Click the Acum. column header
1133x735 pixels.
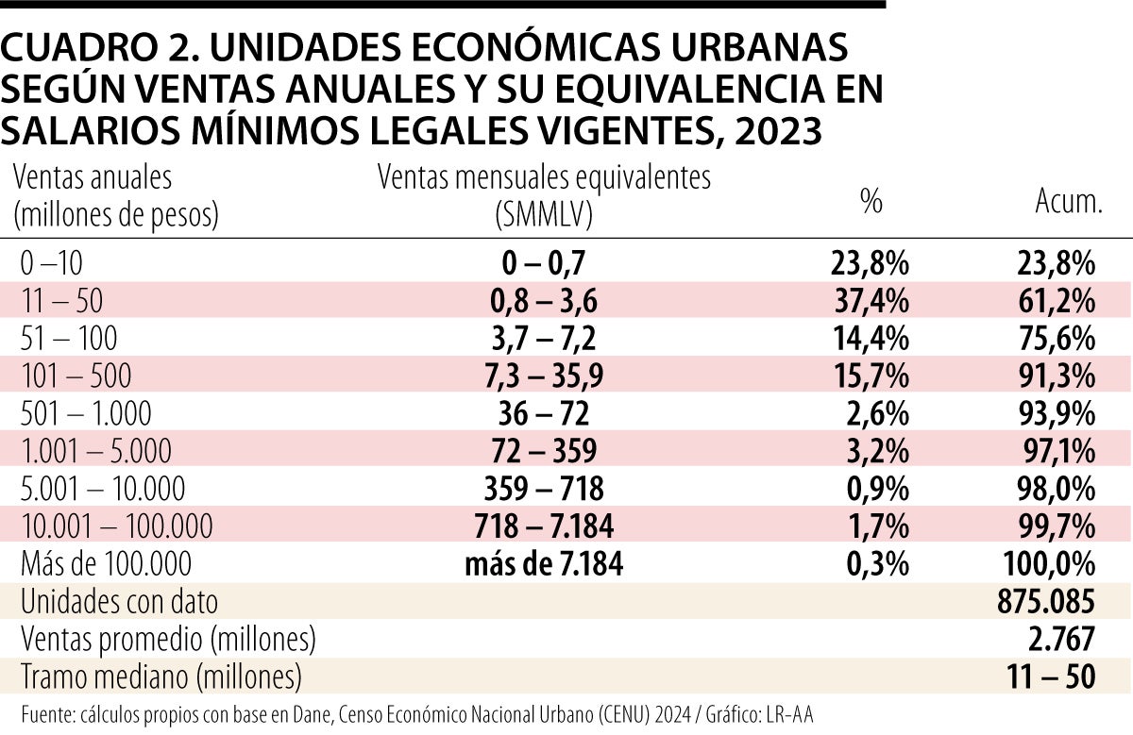click(x=1068, y=201)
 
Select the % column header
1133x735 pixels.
click(x=871, y=201)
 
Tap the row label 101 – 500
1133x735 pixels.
click(x=76, y=376)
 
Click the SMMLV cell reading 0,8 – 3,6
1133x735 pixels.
click(x=544, y=301)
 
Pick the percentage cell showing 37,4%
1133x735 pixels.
click(x=870, y=301)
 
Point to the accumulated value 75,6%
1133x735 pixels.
click(x=1057, y=338)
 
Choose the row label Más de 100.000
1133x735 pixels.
click(x=106, y=563)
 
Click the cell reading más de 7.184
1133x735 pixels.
click(x=544, y=563)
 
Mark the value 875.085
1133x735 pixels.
click(x=1046, y=601)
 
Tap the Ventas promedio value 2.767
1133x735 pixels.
click(x=1061, y=639)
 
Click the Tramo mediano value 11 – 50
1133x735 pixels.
click(x=1052, y=677)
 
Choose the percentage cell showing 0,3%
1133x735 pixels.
click(x=877, y=563)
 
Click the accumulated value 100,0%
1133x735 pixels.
click(x=1050, y=563)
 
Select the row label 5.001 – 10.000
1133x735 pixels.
click(x=103, y=489)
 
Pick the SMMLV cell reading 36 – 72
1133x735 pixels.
click(x=544, y=413)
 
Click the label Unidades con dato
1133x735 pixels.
click(x=119, y=602)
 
